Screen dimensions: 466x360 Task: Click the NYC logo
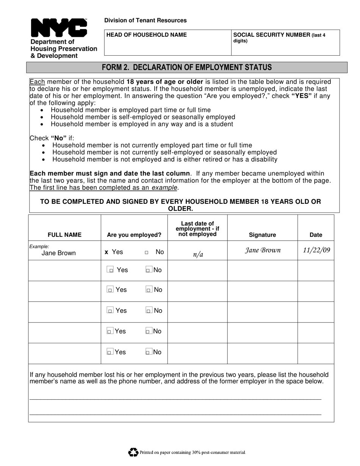pyautogui.click(x=59, y=28)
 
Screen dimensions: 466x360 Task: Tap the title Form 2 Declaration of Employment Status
pyautogui.click(x=187, y=67)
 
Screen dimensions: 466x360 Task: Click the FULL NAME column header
pyautogui.click(x=64, y=235)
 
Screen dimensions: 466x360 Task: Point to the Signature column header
pyautogui.click(x=262, y=235)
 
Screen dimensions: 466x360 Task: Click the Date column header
pyautogui.click(x=316, y=235)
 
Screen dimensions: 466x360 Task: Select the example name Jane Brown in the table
pyautogui.click(x=58, y=253)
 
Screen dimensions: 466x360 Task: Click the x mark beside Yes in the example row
pyautogui.click(x=106, y=252)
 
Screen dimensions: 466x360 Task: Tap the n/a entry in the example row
pyautogui.click(x=198, y=254)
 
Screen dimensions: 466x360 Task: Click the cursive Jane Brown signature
pyautogui.click(x=263, y=250)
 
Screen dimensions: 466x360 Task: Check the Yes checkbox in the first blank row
pyautogui.click(x=110, y=270)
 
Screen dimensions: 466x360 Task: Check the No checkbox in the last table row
pyautogui.click(x=149, y=352)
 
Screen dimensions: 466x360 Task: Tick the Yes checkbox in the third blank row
pyautogui.click(x=110, y=311)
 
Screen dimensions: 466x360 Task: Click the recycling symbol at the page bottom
pyautogui.click(x=133, y=452)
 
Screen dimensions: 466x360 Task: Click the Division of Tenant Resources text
pyautogui.click(x=146, y=20)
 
